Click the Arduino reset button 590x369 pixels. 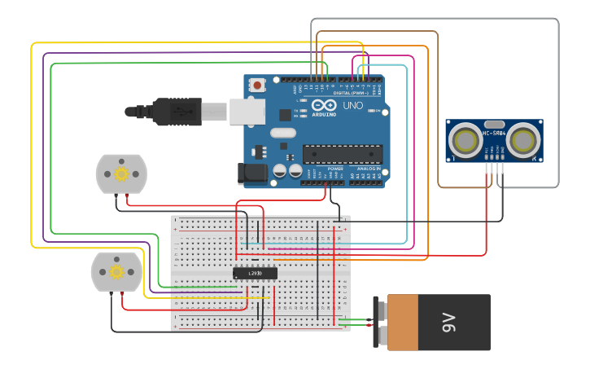point(258,85)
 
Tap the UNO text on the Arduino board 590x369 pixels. point(353,106)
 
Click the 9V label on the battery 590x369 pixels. point(448,323)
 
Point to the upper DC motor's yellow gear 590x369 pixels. point(122,174)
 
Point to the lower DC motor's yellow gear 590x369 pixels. point(116,271)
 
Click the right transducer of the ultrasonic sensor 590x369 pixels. point(521,141)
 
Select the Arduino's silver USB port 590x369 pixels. point(247,112)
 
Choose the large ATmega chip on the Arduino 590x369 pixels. point(343,153)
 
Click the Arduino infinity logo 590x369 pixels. point(323,106)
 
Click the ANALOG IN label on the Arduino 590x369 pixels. point(369,169)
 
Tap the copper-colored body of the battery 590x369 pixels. point(404,323)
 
